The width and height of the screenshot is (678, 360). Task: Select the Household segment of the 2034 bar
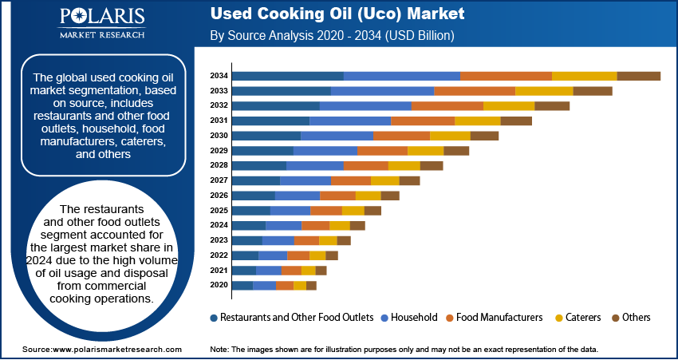tap(402, 76)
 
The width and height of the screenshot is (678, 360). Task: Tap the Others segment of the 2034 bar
tap(638, 76)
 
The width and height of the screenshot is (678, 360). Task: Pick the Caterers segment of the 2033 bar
tap(544, 91)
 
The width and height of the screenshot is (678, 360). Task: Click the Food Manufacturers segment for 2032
tap(447, 105)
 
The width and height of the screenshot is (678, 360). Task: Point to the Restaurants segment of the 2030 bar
tap(266, 136)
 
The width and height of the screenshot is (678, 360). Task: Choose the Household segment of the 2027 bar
tap(305, 180)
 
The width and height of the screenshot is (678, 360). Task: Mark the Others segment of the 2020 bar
tap(311, 285)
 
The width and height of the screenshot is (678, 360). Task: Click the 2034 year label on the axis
tap(219, 76)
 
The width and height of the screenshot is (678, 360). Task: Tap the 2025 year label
tap(219, 210)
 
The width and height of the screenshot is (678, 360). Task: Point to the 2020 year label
tap(219, 285)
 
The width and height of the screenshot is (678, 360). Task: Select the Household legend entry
tap(412, 317)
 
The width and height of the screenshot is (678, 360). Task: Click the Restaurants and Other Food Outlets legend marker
tap(214, 318)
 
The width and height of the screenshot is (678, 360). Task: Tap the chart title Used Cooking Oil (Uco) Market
tap(337, 15)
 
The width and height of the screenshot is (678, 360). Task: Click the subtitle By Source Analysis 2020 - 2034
tap(332, 36)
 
